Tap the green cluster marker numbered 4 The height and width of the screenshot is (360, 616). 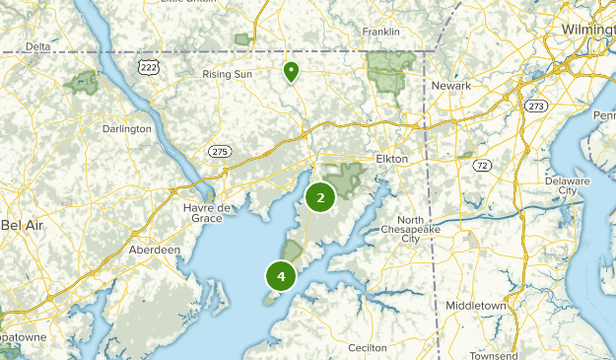click(281, 277)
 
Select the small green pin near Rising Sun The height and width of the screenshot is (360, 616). click(291, 71)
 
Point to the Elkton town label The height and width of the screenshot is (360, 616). click(391, 158)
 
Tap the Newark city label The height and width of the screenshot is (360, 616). click(451, 86)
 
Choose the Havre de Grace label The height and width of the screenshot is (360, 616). click(206, 212)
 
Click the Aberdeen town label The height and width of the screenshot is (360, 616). click(154, 250)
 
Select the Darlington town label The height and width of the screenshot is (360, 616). click(127, 128)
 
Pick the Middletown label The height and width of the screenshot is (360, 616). click(476, 306)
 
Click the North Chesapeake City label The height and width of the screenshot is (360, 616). click(424, 229)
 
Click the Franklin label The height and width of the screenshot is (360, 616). click(380, 32)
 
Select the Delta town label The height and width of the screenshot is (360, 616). click(37, 46)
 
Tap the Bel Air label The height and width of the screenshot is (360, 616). click(23, 225)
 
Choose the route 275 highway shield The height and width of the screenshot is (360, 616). click(219, 150)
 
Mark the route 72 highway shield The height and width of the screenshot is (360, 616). click(481, 166)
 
